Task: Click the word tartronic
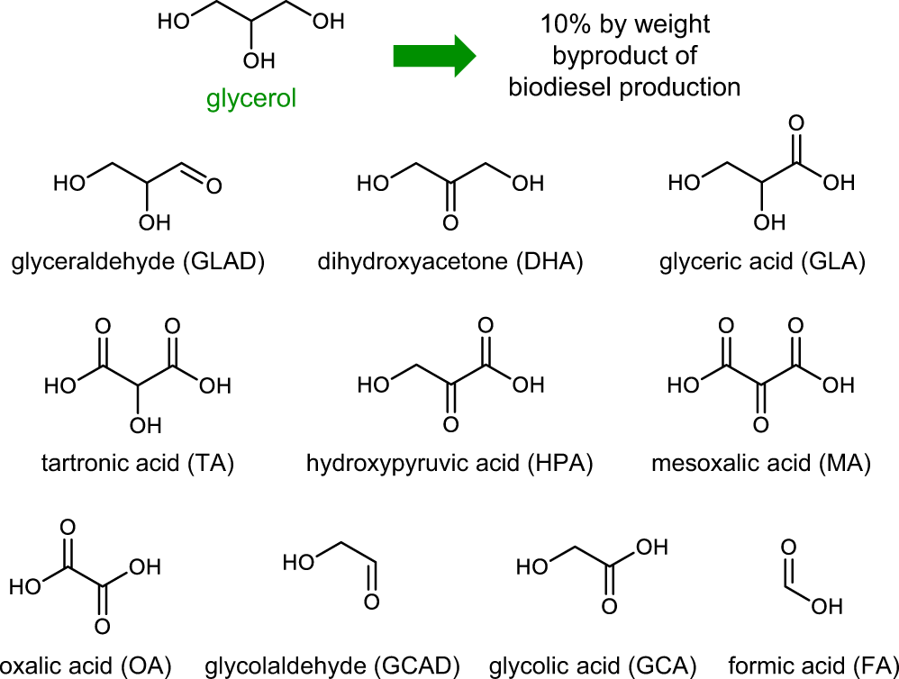[84, 464]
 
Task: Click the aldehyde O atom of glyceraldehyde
[213, 186]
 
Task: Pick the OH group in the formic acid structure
[828, 608]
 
